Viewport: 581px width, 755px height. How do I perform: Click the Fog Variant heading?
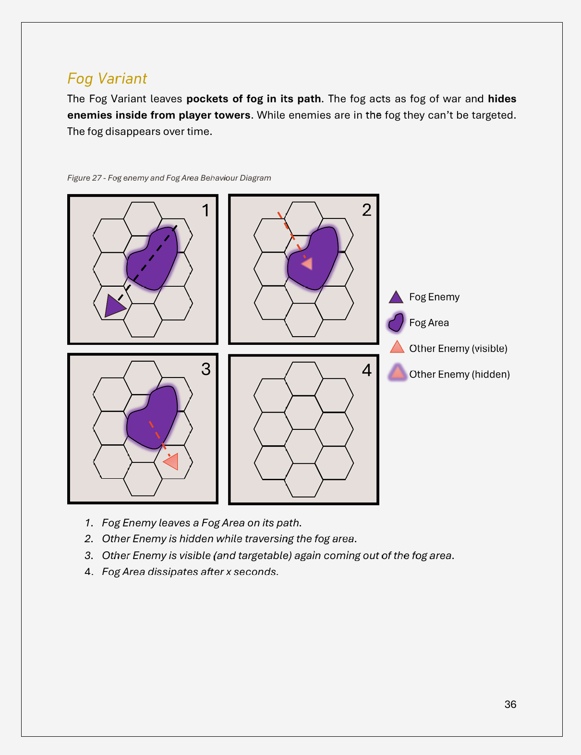[x=107, y=79]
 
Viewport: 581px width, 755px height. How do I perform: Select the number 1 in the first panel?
[x=206, y=210]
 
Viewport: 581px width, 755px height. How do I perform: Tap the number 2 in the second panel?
[x=367, y=210]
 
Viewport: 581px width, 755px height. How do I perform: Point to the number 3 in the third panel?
[x=206, y=369]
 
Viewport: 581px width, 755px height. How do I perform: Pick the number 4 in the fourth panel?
[x=367, y=370]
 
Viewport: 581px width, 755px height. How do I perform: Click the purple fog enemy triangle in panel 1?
[x=114, y=306]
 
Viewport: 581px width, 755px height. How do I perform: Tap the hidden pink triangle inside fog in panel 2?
[x=307, y=264]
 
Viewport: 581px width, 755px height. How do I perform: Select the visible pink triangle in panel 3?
[x=171, y=462]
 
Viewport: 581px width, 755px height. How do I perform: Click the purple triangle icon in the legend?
[x=396, y=297]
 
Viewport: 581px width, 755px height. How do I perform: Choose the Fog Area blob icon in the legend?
[x=396, y=322]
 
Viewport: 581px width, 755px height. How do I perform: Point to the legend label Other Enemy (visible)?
[x=458, y=349]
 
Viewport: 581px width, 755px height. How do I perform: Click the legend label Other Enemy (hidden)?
[x=459, y=374]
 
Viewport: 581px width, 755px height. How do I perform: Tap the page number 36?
[x=510, y=704]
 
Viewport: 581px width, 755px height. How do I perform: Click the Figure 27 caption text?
[x=169, y=178]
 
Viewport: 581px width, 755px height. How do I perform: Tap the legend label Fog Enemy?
[x=434, y=297]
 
